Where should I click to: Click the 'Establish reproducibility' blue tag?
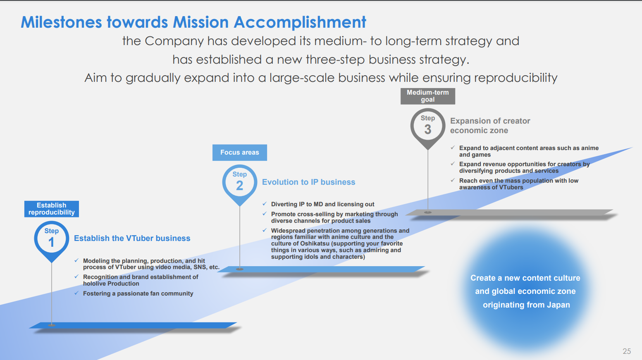pyautogui.click(x=52, y=209)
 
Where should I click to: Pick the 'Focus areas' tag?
pyautogui.click(x=240, y=153)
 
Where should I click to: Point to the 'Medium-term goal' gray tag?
pyautogui.click(x=427, y=96)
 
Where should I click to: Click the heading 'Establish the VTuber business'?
pyautogui.click(x=132, y=238)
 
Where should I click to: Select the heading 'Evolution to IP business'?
pyautogui.click(x=309, y=182)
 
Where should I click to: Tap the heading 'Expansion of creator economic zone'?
pyautogui.click(x=490, y=126)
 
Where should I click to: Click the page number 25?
pyautogui.click(x=627, y=351)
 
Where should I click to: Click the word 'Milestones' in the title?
pyautogui.click(x=61, y=22)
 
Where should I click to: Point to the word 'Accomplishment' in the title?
pyautogui.click(x=300, y=23)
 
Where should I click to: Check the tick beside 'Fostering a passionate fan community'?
pyautogui.click(x=76, y=293)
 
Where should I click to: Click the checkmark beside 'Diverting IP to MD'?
pyautogui.click(x=265, y=204)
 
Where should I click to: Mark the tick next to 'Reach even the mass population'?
pyautogui.click(x=453, y=180)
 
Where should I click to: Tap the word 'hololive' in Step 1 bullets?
pyautogui.click(x=94, y=284)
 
